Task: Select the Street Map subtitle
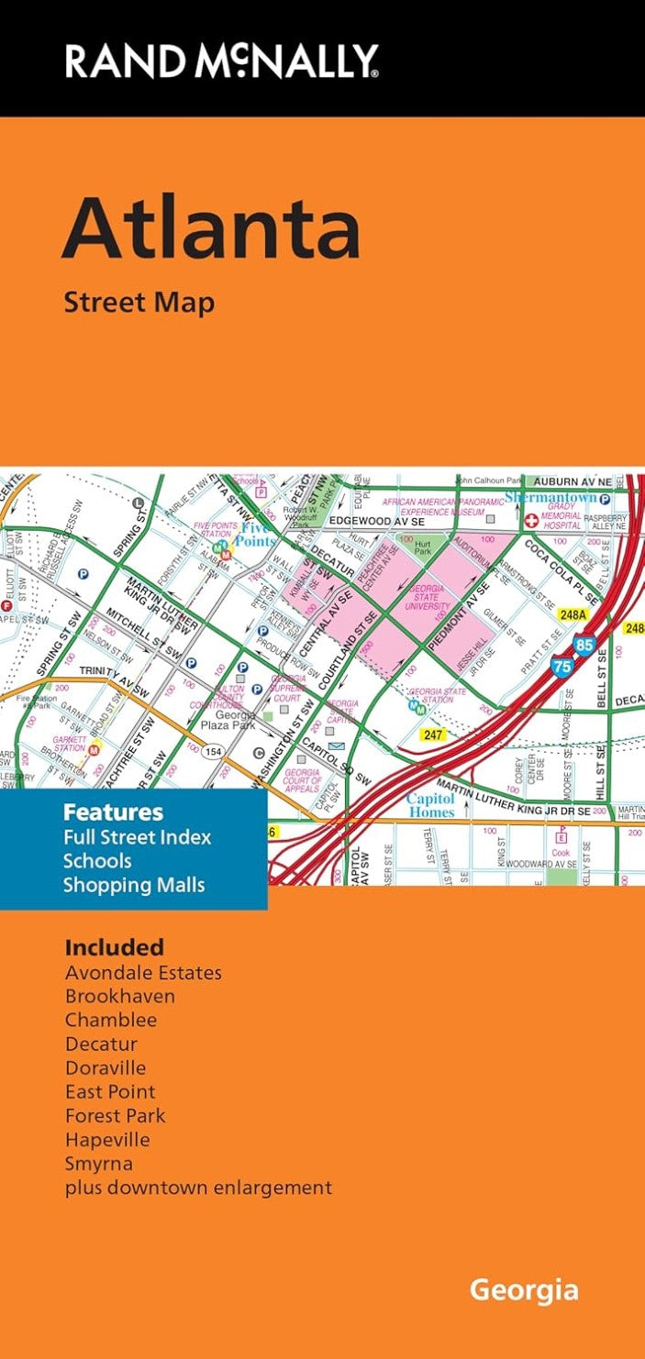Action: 139,302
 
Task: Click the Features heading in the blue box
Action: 113,812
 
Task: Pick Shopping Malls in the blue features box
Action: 134,885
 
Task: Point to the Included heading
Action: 114,947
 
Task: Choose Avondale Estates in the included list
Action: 143,973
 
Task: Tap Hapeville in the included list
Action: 107,1140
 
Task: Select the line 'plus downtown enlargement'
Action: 198,1188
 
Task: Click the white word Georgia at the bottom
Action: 524,1291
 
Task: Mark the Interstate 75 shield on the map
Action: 562,668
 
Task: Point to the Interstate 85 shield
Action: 584,645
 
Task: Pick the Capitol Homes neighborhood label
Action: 431,805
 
